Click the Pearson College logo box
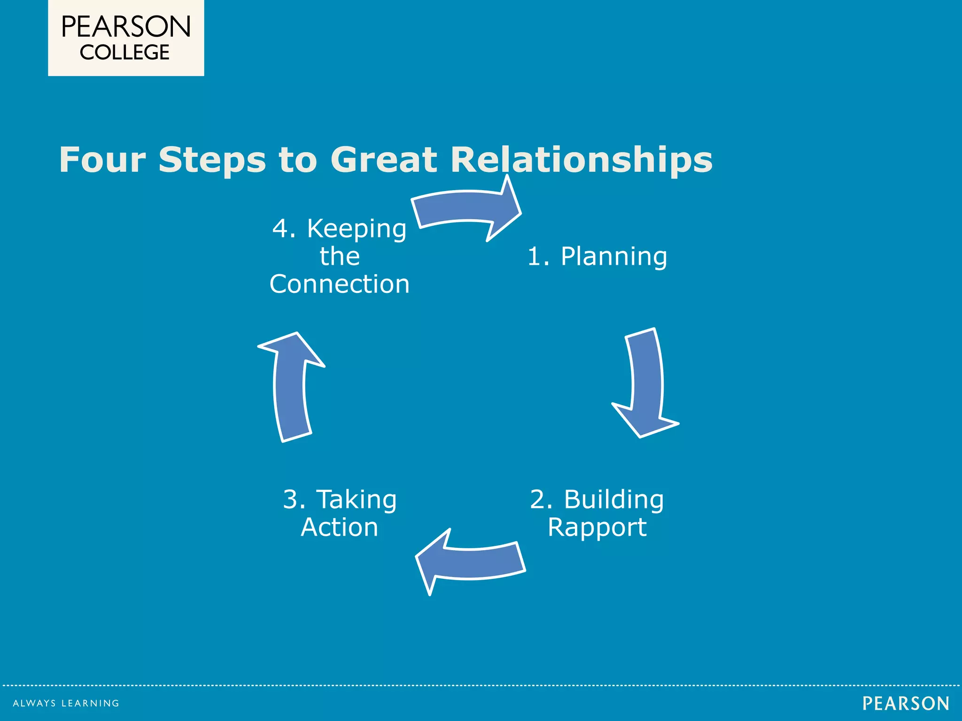click(126, 38)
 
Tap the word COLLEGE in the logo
click(124, 53)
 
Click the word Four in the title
click(102, 160)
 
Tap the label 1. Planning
click(597, 256)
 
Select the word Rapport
click(597, 527)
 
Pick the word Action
click(340, 527)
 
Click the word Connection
click(340, 284)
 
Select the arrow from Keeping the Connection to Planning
click(465, 207)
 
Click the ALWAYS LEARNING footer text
click(66, 703)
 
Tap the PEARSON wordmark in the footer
click(906, 703)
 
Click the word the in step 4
click(340, 256)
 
